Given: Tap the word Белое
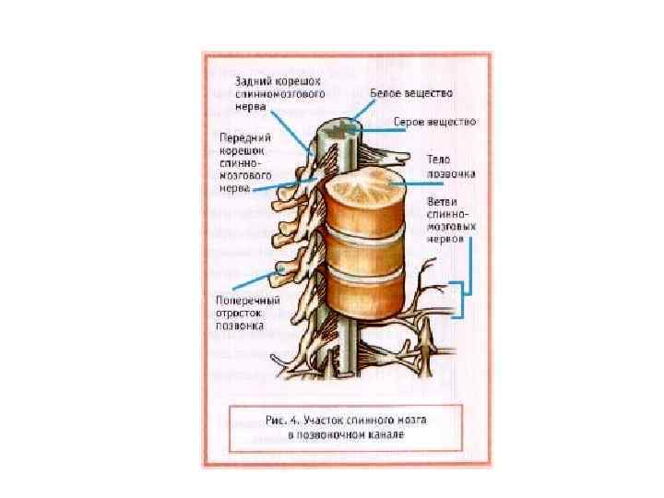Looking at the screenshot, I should [386, 93].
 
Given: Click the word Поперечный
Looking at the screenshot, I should [243, 300].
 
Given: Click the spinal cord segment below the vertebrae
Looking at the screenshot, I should [344, 355].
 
